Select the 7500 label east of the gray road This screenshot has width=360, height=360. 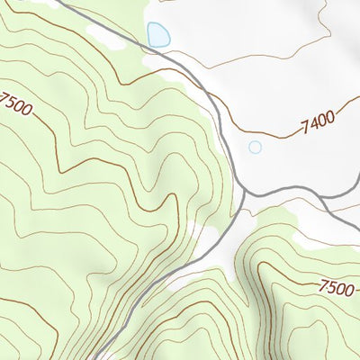pyautogui.click(x=337, y=288)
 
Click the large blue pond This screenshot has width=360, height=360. pyautogui.click(x=158, y=35)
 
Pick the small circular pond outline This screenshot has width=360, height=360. pyautogui.click(x=255, y=147)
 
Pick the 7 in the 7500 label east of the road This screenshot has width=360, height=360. pyautogui.click(x=324, y=284)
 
